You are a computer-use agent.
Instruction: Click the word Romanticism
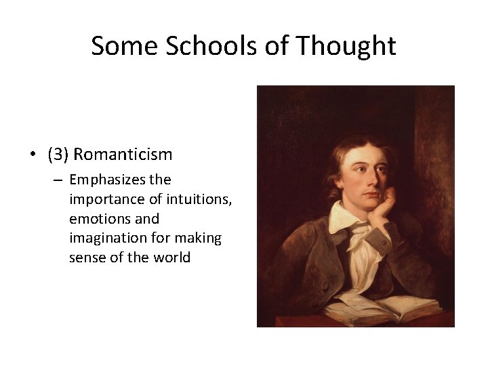(x=123, y=155)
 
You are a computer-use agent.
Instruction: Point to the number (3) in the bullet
(x=58, y=155)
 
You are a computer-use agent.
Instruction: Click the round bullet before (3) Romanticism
(x=33, y=155)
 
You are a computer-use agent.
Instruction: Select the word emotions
(x=96, y=219)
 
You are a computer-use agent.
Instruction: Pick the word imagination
(x=108, y=239)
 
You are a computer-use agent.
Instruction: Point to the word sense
(x=85, y=258)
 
